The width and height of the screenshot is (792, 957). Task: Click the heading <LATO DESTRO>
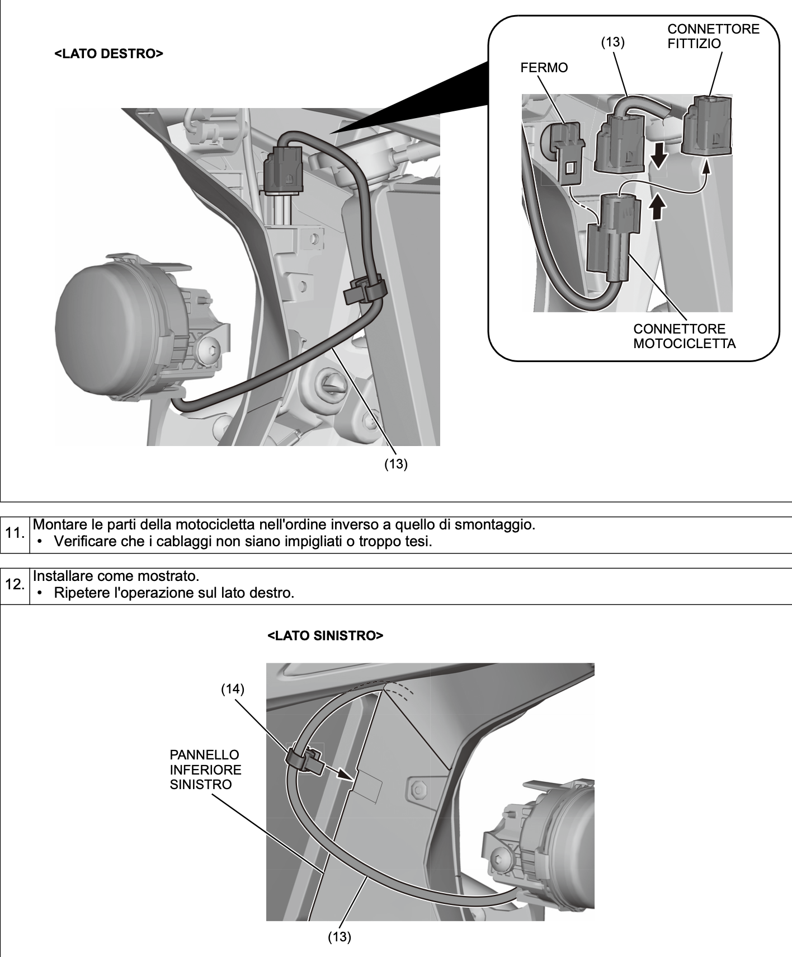[x=109, y=54]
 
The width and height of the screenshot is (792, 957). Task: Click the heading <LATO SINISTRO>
[x=326, y=636]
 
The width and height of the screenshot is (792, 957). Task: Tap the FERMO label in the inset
[x=544, y=68]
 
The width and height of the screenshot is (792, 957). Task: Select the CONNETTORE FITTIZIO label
[x=713, y=36]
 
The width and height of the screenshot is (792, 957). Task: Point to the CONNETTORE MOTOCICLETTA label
[x=684, y=336]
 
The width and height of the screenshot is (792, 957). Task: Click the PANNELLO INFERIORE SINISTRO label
[x=205, y=770]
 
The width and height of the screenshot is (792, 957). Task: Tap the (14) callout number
[x=233, y=689]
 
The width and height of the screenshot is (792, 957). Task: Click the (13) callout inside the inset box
[x=612, y=42]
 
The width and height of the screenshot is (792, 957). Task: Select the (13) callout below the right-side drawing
[x=395, y=465]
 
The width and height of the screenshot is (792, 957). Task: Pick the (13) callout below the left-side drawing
[x=339, y=937]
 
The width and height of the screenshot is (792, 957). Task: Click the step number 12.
[x=15, y=585]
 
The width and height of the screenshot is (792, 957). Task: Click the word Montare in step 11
[x=58, y=526]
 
